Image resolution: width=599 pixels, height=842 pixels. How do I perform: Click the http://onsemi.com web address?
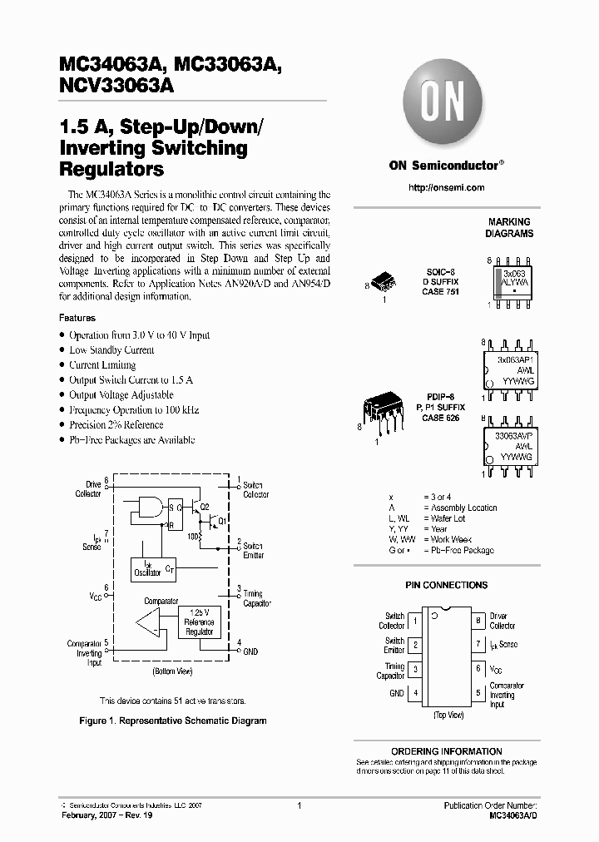pyautogui.click(x=447, y=188)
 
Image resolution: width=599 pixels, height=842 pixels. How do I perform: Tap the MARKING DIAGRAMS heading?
pyautogui.click(x=509, y=228)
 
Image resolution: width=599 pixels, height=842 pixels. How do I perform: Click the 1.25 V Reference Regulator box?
pyautogui.click(x=199, y=622)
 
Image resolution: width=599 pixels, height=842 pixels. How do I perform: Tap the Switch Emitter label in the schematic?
pyautogui.click(x=252, y=550)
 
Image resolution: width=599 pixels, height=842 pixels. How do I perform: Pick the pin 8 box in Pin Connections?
pyautogui.click(x=478, y=621)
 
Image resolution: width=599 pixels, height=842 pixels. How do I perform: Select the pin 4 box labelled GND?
pyautogui.click(x=416, y=693)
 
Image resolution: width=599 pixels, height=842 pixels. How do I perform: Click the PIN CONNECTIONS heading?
pyautogui.click(x=447, y=586)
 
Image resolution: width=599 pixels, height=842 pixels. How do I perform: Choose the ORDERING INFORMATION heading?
pyautogui.click(x=447, y=750)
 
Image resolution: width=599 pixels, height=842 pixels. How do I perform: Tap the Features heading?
pyautogui.click(x=77, y=318)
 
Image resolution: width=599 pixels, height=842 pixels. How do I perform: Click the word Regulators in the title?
pyautogui.click(x=111, y=171)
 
